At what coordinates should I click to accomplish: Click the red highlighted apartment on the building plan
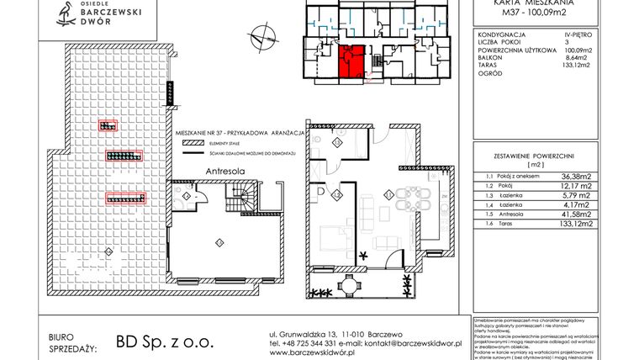coord(350,61)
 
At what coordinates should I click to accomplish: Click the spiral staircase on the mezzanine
coord(242,202)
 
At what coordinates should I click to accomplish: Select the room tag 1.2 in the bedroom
coord(335,195)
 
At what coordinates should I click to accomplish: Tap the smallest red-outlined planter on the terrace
coord(107,126)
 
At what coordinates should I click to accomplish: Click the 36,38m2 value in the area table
coord(574,177)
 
